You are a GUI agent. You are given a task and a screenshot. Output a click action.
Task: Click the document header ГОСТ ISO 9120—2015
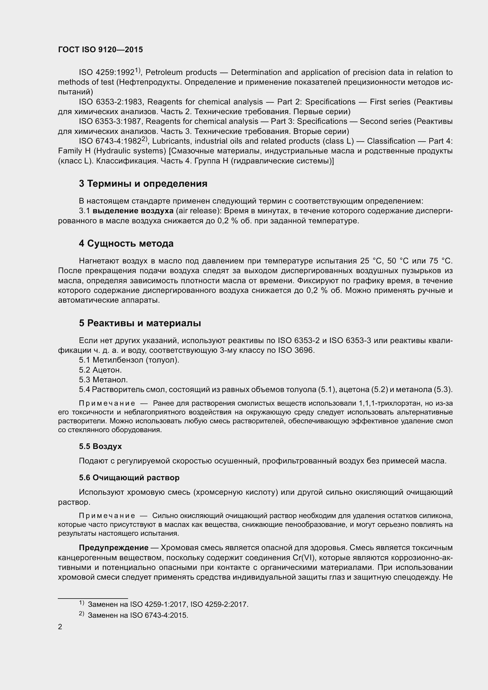pyautogui.click(x=100, y=50)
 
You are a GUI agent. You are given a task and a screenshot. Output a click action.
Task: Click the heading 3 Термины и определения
pyautogui.click(x=143, y=183)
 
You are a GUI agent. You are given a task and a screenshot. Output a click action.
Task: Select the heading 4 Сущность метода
pyautogui.click(x=126, y=243)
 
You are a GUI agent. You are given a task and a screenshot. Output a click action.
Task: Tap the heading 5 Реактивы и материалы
pyautogui.click(x=140, y=323)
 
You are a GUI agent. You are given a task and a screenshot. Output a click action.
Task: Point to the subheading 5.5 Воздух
pyautogui.click(x=100, y=446)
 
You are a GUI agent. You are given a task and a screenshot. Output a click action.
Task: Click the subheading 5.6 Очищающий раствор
pyautogui.click(x=129, y=478)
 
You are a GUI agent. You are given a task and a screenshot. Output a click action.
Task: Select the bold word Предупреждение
pyautogui.click(x=114, y=548)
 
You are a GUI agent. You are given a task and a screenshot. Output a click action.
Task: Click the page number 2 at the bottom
pyautogui.click(x=60, y=627)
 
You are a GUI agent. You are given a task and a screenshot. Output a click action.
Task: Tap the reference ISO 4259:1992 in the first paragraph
pyautogui.click(x=107, y=73)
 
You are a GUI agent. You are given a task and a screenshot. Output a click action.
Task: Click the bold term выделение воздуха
pyautogui.click(x=133, y=211)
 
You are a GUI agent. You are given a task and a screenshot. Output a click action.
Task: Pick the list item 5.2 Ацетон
pyautogui.click(x=100, y=370)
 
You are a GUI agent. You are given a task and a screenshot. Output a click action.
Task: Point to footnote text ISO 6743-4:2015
pyautogui.click(x=159, y=615)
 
